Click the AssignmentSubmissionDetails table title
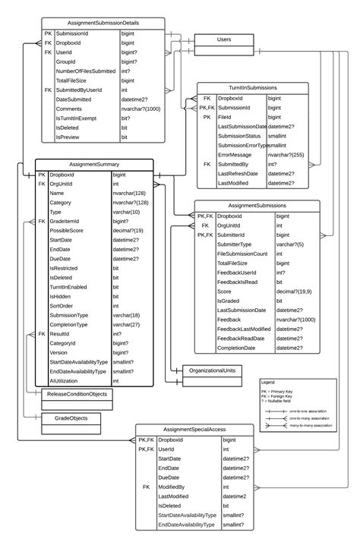pos(103,24)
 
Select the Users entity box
pos(224,39)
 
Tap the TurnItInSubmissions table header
pos(250,87)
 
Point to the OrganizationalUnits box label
pos(213,370)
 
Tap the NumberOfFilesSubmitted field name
pos(86,71)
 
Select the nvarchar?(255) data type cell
pos(286,154)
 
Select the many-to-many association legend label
pos(312,427)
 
